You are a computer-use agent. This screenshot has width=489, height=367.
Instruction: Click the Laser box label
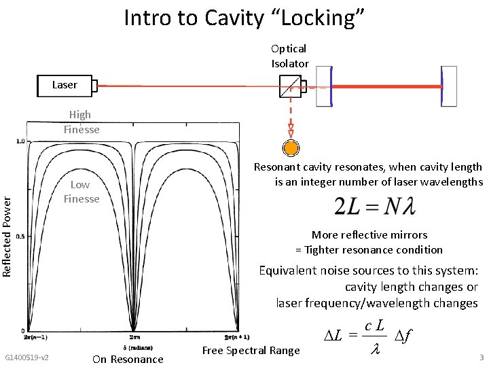65,85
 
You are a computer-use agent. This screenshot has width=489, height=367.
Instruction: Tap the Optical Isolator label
290,56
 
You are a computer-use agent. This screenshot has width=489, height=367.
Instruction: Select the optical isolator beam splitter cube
290,86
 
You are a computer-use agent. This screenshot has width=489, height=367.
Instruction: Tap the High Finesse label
81,122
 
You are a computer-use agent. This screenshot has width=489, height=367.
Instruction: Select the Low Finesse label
81,192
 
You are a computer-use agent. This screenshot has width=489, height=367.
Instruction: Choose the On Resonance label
128,359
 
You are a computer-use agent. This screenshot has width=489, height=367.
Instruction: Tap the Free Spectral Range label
251,351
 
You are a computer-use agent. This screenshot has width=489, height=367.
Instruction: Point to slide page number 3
481,357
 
